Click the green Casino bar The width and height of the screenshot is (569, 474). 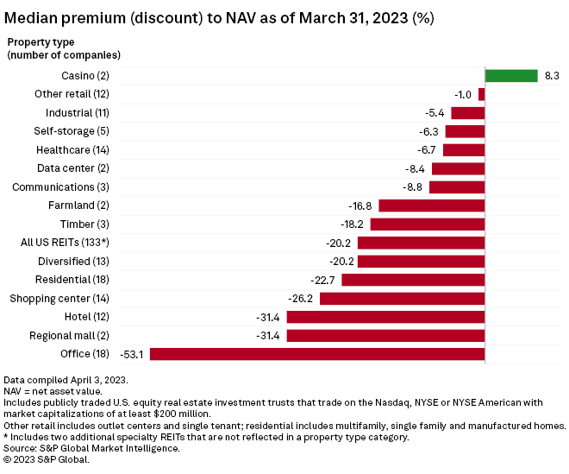coord(510,76)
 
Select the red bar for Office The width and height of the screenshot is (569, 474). coord(317,354)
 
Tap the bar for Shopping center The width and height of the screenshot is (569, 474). coord(402,299)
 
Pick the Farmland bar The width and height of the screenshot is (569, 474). coord(431,205)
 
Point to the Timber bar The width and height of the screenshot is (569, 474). coord(428,224)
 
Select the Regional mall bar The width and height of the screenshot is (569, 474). coord(385,336)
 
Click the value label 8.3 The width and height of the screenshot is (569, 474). coord(552,76)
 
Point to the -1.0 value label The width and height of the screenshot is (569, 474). coord(463,94)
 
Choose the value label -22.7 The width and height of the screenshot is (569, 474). coord(326,280)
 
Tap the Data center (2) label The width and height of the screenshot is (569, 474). coord(84,168)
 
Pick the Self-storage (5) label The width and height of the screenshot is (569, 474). coord(84,131)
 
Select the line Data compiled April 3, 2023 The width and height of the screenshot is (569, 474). coord(65,380)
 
